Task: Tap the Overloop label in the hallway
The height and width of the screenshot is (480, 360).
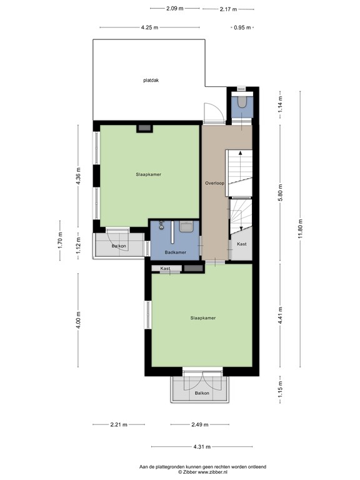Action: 214,183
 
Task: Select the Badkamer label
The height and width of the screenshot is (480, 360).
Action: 175,252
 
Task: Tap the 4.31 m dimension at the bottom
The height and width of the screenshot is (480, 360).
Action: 202,446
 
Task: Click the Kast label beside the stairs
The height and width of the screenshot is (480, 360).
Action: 242,244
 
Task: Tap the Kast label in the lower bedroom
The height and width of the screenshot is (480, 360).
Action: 166,269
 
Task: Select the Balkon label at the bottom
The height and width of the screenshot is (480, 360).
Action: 201,393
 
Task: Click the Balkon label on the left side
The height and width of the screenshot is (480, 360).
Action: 119,246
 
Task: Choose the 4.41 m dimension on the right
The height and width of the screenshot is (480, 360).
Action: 280,312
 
